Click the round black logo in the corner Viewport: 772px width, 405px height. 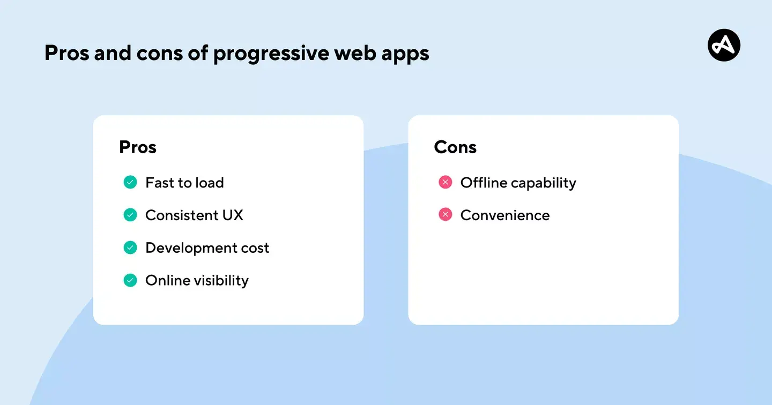(724, 45)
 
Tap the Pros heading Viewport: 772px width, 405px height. (138, 147)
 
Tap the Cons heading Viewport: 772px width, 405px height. (455, 147)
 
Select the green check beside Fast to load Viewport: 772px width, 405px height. (130, 183)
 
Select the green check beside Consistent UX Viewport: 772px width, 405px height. (130, 215)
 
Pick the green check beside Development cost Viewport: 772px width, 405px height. (130, 247)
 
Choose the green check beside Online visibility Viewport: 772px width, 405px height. (130, 280)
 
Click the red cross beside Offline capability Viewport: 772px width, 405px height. (445, 183)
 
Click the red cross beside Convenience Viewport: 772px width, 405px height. (445, 215)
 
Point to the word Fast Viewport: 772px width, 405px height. (160, 183)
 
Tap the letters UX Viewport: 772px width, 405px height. (232, 215)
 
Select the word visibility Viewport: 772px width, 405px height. (221, 281)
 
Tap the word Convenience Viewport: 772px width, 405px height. (505, 215)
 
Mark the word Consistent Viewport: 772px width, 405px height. (180, 215)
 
